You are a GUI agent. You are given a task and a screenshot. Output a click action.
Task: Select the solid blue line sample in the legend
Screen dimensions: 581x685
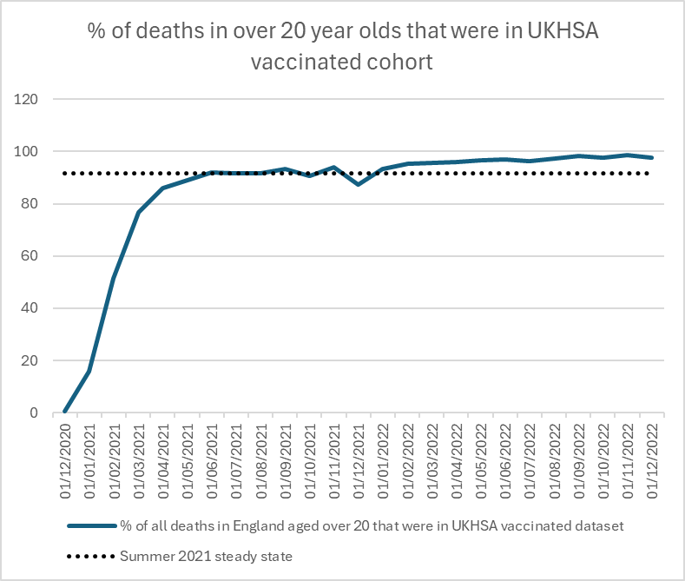(x=90, y=525)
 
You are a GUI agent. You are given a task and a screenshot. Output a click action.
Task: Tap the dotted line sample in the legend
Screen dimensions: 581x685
(x=90, y=556)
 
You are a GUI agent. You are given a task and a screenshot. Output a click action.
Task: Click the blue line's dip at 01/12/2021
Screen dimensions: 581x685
(x=358, y=184)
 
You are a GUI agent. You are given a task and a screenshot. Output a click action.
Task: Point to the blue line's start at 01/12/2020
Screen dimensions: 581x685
(x=65, y=412)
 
